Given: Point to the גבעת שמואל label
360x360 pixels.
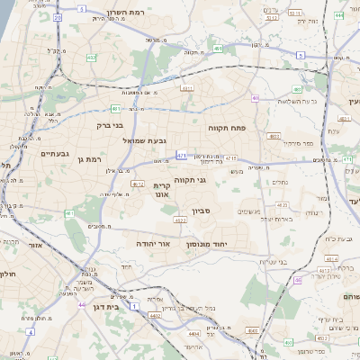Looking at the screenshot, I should [147, 140].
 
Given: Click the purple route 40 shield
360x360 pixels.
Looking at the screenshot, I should [256, 97].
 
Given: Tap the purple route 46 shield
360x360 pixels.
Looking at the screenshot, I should [296, 280].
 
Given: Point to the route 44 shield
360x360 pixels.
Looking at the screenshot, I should [83, 305].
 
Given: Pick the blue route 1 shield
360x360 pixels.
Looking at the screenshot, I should [135, 307].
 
